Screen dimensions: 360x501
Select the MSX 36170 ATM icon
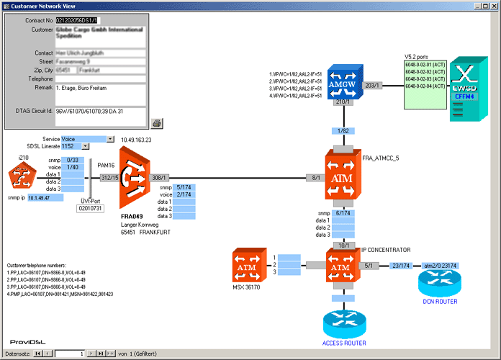click(x=248, y=266)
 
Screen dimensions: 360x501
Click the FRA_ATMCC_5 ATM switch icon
click(x=343, y=176)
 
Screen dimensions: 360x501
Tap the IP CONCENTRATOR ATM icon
click(x=343, y=266)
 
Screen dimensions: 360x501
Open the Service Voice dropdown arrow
click(x=110, y=138)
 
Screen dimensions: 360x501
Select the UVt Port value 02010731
click(x=91, y=208)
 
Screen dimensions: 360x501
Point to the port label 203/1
click(x=372, y=85)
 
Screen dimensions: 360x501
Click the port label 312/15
click(x=109, y=177)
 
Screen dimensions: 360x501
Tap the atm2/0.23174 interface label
click(x=441, y=266)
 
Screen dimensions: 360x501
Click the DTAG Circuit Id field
click(x=100, y=111)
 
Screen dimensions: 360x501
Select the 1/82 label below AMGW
click(x=343, y=130)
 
